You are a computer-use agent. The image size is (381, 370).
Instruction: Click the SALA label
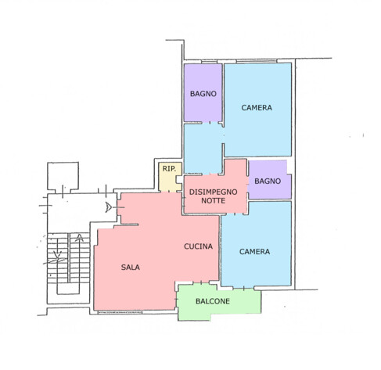(x=130, y=267)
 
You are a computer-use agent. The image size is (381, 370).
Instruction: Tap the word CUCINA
(x=198, y=246)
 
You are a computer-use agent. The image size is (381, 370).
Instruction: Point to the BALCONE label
(x=213, y=301)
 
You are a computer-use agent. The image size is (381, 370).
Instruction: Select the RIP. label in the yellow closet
(x=169, y=169)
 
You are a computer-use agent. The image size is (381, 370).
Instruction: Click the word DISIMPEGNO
(x=213, y=192)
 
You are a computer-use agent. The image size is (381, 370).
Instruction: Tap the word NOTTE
(x=213, y=201)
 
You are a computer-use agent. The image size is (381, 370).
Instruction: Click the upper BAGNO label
(x=203, y=94)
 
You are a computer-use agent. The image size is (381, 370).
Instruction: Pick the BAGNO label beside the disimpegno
(x=268, y=181)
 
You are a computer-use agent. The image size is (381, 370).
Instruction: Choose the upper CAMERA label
(x=257, y=107)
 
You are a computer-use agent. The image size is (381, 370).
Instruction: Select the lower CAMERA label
(x=254, y=251)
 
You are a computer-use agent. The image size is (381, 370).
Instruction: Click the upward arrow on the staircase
(x=79, y=238)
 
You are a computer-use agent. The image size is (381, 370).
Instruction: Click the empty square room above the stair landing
(x=63, y=175)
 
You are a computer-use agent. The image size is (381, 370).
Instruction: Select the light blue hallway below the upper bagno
(x=203, y=149)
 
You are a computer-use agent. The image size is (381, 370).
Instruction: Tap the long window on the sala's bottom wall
(x=120, y=312)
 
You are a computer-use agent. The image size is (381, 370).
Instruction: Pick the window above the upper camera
(x=257, y=61)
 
